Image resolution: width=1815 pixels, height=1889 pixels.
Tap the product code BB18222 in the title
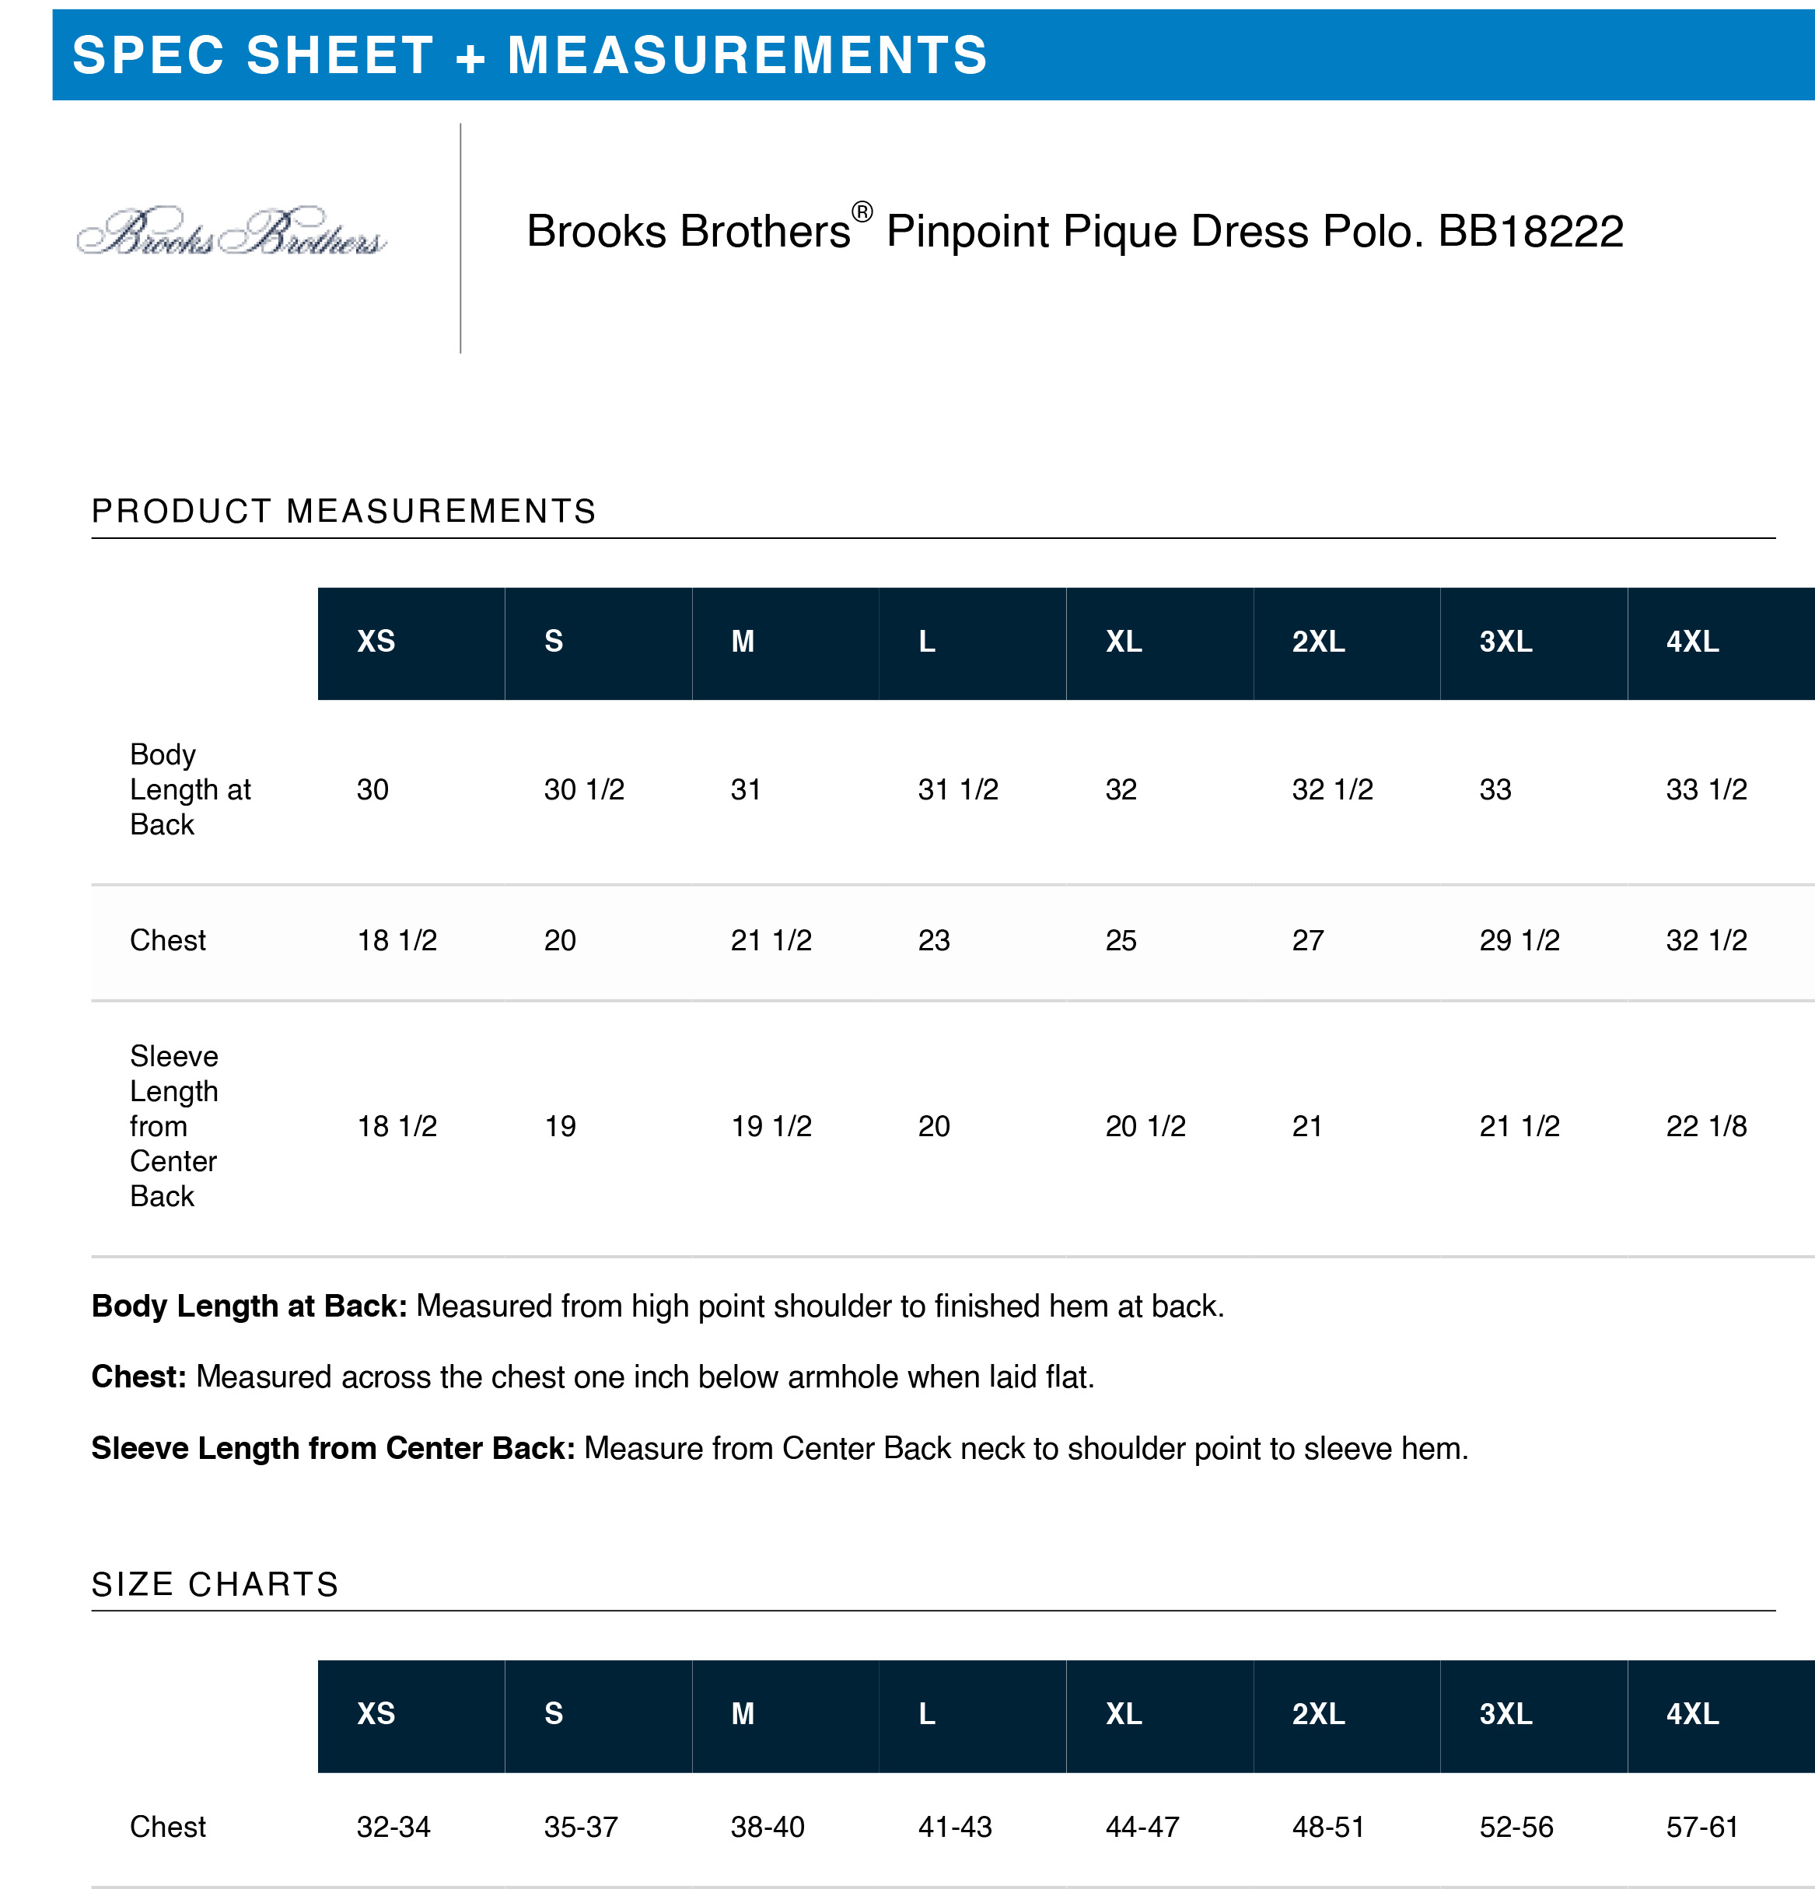1530,231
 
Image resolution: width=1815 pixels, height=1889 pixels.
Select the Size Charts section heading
215,1583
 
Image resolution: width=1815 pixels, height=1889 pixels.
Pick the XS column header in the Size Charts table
376,1713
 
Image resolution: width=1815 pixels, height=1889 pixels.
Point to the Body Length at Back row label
190,789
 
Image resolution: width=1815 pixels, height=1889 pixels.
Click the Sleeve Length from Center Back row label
173,1125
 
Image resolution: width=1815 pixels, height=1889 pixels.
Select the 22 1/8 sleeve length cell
1705,1125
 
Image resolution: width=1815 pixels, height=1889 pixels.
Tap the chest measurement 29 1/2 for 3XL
1519,939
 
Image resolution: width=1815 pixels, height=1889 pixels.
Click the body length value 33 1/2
1705,789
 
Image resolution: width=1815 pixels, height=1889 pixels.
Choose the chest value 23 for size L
933,939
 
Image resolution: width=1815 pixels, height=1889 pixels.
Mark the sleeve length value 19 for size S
560,1125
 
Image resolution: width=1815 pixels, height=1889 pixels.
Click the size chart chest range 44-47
1142,1826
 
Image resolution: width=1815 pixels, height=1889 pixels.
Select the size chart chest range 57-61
1701,1826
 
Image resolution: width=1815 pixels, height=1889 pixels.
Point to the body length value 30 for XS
372,789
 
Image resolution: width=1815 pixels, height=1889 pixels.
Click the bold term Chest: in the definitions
138,1377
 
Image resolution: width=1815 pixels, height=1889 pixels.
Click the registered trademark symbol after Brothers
862,211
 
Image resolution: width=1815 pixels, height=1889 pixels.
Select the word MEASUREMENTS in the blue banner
748,55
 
